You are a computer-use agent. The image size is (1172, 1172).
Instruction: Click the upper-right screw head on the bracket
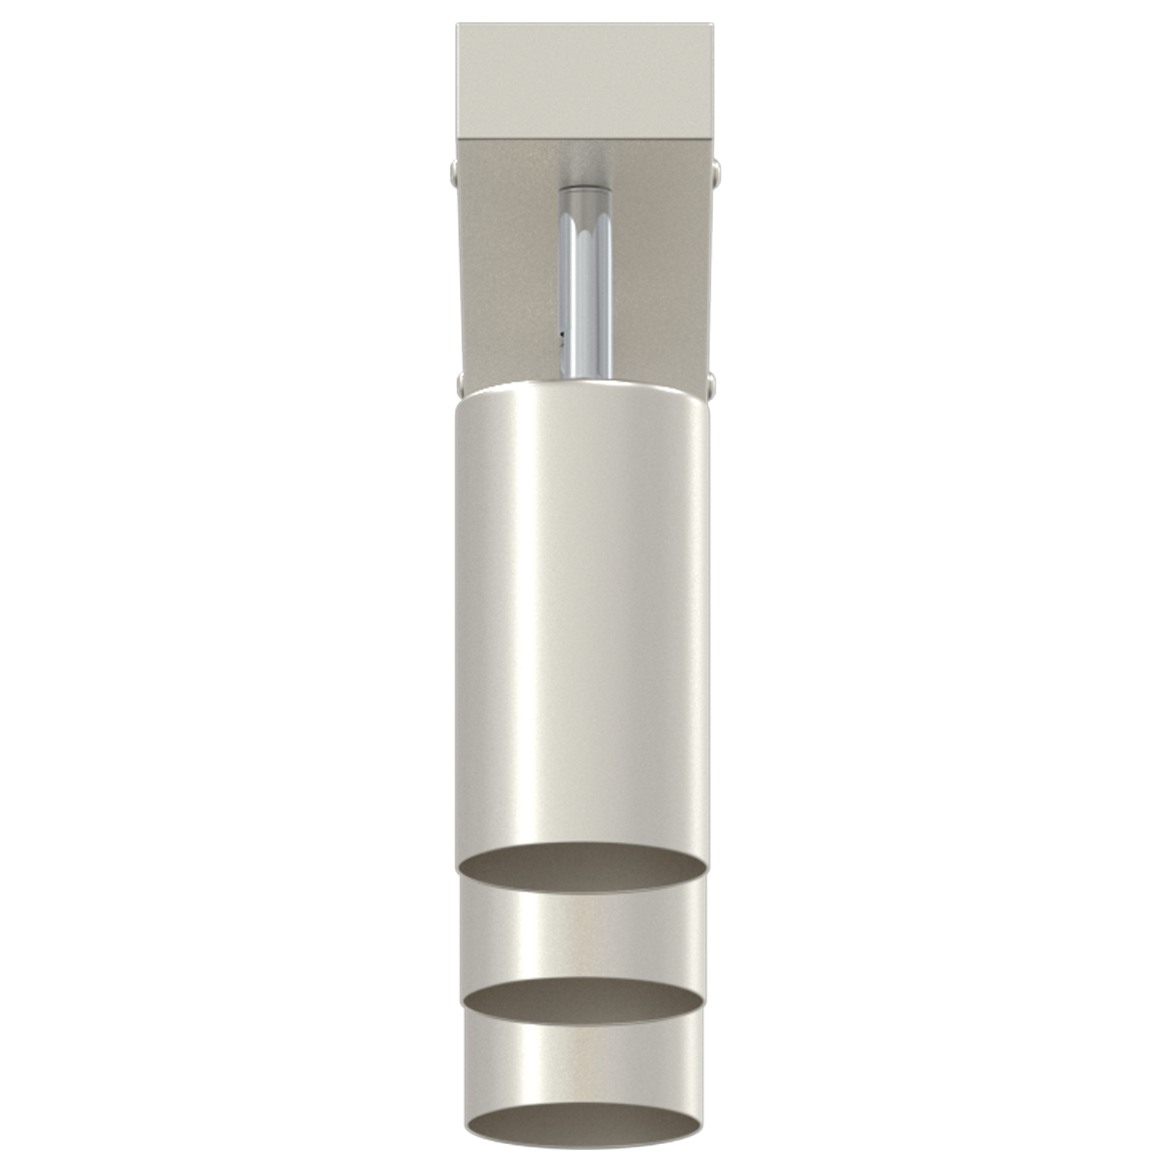(716, 173)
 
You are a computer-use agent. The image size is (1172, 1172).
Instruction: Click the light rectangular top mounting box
(584, 81)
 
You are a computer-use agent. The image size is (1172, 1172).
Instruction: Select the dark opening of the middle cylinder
(582, 1002)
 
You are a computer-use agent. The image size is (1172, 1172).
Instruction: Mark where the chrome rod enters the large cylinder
(585, 377)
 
